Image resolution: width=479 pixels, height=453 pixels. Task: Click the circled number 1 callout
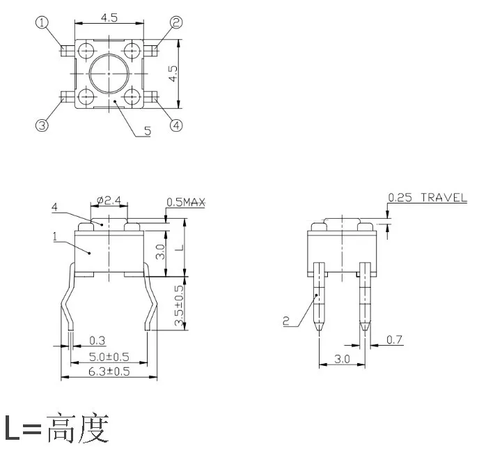coord(42,22)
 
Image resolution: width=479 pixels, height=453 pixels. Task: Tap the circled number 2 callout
coord(176,22)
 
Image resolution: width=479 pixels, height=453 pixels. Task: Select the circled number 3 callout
coord(42,125)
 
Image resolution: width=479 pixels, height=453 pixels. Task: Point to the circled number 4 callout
coord(176,125)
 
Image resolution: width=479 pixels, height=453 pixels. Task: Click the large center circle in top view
coord(109,54)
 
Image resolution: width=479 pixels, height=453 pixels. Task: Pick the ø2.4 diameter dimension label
coord(109,200)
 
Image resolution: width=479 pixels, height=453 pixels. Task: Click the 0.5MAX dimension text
coord(186,202)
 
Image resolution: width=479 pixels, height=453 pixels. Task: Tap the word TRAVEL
coord(444,198)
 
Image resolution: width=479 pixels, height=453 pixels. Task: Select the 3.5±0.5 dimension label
coord(180,305)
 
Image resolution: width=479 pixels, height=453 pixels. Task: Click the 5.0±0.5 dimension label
coord(109,357)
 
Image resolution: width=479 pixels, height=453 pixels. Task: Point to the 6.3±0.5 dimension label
coord(109,371)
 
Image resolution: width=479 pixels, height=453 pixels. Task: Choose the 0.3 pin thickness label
coord(97,340)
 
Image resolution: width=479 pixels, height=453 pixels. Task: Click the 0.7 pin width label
coord(394,339)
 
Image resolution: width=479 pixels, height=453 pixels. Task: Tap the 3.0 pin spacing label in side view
coord(342,359)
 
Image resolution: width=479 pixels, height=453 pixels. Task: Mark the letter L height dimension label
coord(180,247)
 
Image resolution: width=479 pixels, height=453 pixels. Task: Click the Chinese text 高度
coord(78,428)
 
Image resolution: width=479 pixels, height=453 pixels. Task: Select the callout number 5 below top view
coord(148,131)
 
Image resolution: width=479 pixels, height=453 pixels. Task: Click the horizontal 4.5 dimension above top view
coord(109,17)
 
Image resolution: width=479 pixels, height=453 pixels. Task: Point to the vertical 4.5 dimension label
coord(173,74)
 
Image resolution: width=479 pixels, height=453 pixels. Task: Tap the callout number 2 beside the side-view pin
coord(286,321)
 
